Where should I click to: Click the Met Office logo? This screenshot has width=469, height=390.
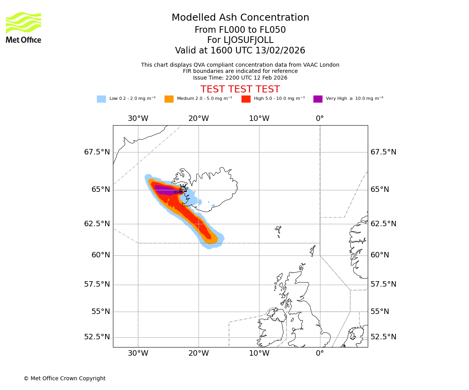pyautogui.click(x=23, y=27)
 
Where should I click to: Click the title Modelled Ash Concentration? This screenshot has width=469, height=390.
pyautogui.click(x=240, y=18)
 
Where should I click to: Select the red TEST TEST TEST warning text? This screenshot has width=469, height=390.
pyautogui.click(x=240, y=89)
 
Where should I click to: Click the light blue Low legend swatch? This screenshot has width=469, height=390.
pyautogui.click(x=101, y=99)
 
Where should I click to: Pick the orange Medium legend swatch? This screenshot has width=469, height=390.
pyautogui.click(x=169, y=99)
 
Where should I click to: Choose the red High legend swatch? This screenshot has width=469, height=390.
pyautogui.click(x=246, y=99)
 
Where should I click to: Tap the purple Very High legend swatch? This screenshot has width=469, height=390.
pyautogui.click(x=318, y=99)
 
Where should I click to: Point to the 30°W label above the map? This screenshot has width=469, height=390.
pyautogui.click(x=138, y=119)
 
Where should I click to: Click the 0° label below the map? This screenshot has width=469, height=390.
pyautogui.click(x=320, y=353)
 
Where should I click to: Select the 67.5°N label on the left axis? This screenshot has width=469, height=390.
pyautogui.click(x=97, y=152)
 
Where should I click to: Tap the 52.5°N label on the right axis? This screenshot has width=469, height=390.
pyautogui.click(x=383, y=337)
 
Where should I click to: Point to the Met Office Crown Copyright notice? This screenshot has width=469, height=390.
pyautogui.click(x=64, y=378)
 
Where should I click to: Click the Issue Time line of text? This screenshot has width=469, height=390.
pyautogui.click(x=240, y=78)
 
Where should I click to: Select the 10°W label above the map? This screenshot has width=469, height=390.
pyautogui.click(x=259, y=119)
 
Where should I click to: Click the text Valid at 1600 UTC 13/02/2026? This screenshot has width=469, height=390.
pyautogui.click(x=240, y=51)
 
